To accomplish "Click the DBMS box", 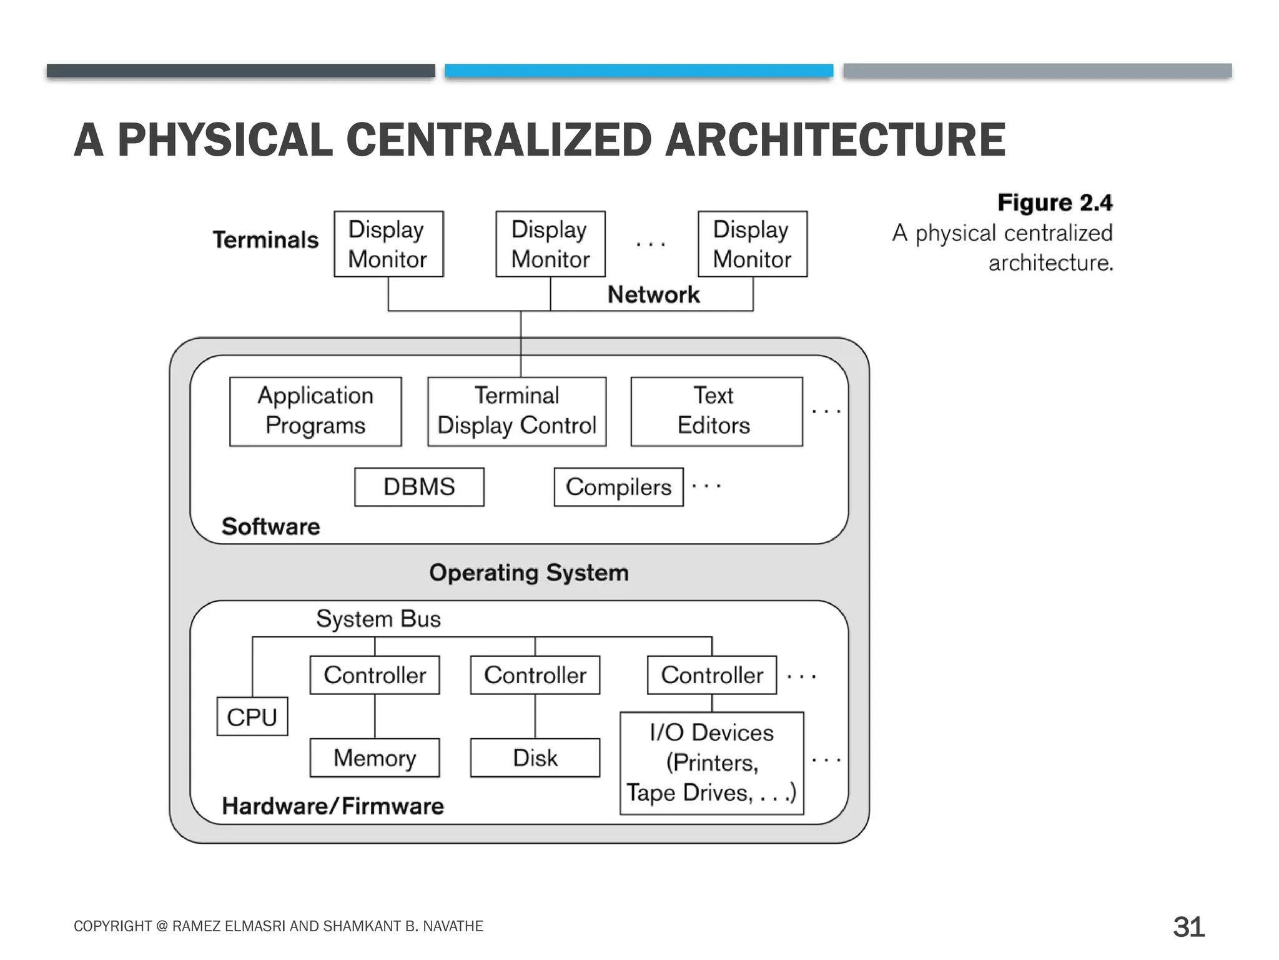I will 419,487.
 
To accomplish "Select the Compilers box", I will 618,487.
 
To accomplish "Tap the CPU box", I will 252,717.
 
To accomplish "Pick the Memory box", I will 375,758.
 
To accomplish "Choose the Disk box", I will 535,758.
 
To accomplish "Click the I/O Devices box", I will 712,763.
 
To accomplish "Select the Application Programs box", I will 315,411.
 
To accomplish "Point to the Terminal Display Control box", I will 517,411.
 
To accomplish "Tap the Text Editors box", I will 716,411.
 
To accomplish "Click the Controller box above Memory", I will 375,675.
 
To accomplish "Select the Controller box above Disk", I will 535,675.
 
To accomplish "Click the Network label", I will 653,294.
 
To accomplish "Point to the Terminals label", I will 265,240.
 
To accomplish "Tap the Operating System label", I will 529,572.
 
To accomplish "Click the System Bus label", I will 378,619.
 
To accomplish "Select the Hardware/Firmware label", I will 333,806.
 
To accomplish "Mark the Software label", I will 270,527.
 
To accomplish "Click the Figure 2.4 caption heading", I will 1055,202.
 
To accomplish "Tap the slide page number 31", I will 1188,927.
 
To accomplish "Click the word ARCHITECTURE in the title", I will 835,140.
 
